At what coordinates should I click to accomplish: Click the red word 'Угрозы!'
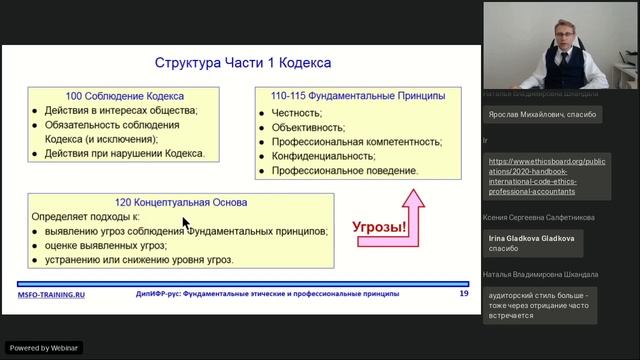pos(381,226)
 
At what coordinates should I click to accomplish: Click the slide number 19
pos(463,294)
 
